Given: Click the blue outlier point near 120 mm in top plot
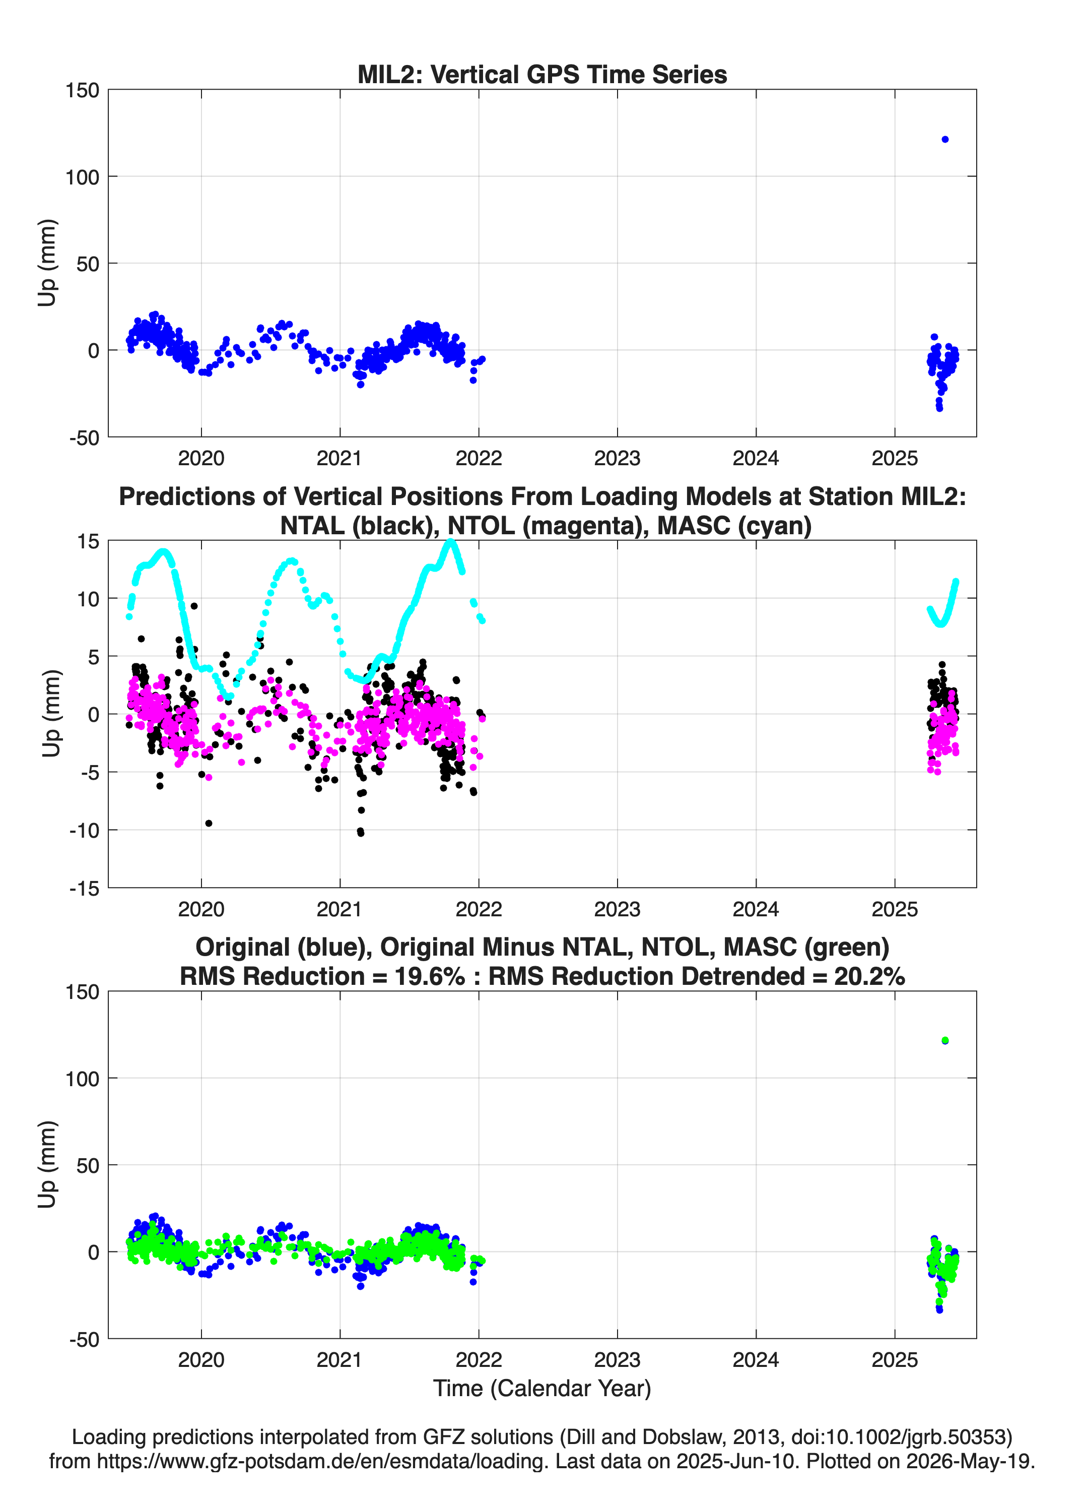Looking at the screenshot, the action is [944, 139].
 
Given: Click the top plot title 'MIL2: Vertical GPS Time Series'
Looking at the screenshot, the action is [542, 74].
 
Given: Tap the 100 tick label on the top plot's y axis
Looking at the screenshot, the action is [82, 177].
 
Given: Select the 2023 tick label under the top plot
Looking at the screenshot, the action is [617, 458].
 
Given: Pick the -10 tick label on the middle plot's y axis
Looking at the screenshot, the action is [84, 830].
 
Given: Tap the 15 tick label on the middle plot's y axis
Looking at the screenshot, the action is [88, 541].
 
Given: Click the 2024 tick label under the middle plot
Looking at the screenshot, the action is [756, 909].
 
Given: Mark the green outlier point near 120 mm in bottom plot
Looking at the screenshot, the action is [944, 1040].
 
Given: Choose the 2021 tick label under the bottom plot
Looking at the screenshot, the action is [339, 1360].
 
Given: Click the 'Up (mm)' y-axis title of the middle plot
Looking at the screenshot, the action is [50, 714].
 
